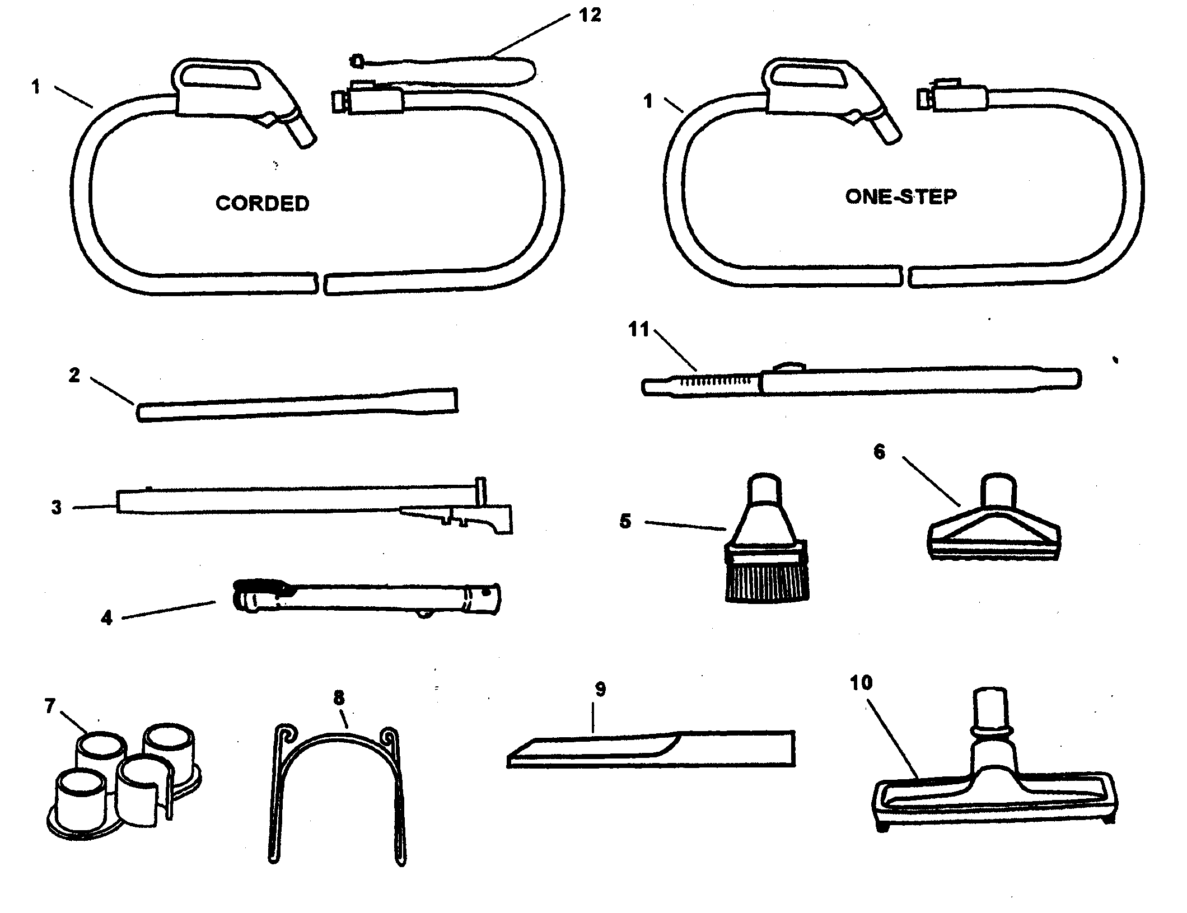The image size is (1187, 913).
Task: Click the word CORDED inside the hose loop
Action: [262, 203]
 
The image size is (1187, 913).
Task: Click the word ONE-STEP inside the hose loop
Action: [900, 196]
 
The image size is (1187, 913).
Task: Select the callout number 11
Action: [639, 330]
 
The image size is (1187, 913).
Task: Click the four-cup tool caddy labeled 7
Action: [123, 784]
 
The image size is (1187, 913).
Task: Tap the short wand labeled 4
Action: [367, 600]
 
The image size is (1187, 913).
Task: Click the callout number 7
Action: [50, 706]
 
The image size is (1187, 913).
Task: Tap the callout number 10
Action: [861, 683]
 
